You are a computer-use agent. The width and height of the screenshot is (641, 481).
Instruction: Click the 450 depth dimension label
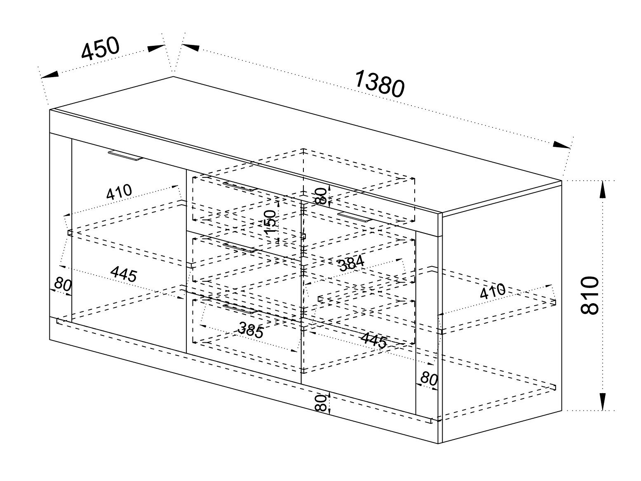(101, 48)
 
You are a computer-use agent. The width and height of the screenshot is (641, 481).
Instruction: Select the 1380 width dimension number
(380, 83)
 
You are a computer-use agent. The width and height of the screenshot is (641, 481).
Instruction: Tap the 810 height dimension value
(589, 295)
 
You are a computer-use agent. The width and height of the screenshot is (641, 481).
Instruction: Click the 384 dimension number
(351, 263)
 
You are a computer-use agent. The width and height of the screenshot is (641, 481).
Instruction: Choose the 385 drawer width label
(251, 330)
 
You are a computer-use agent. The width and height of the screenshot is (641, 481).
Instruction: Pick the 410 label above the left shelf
(119, 192)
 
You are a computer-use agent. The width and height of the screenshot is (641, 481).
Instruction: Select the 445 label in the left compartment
(124, 274)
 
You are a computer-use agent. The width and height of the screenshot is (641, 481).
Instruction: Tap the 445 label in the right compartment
(374, 340)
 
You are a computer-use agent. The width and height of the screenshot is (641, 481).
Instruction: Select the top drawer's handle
(239, 186)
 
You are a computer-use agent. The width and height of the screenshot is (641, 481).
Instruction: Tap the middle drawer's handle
(239, 248)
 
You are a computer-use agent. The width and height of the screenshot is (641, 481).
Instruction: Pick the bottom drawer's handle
(239, 309)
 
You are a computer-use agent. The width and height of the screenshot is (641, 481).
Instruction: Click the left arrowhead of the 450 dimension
(49, 75)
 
